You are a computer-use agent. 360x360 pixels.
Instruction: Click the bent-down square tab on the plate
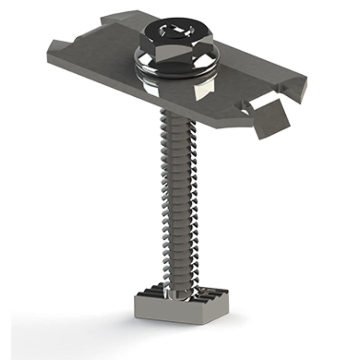[270, 118]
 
